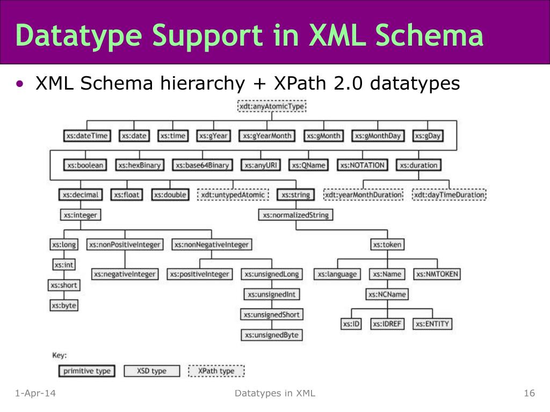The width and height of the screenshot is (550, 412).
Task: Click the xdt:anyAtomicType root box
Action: click(x=272, y=107)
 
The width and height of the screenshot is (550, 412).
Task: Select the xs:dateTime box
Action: click(x=86, y=136)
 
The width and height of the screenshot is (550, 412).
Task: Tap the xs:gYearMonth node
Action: click(x=266, y=136)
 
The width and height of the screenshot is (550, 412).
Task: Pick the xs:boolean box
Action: click(x=85, y=165)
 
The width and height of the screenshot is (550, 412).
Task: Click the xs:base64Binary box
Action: click(x=203, y=165)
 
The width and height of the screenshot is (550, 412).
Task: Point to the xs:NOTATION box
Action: click(x=363, y=165)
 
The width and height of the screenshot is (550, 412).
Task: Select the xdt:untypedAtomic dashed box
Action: click(x=233, y=195)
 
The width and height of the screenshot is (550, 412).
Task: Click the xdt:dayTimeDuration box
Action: click(x=449, y=195)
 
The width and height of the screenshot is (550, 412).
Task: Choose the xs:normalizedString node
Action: click(x=295, y=215)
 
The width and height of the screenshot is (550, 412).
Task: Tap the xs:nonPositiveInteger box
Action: click(x=125, y=245)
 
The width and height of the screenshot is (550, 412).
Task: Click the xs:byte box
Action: click(x=64, y=305)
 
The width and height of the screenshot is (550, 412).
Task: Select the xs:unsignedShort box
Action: click(x=271, y=315)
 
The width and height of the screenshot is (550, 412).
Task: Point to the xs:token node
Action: click(x=387, y=245)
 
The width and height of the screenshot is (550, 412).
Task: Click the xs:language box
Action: click(x=337, y=274)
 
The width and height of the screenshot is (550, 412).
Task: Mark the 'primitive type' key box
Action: click(x=86, y=371)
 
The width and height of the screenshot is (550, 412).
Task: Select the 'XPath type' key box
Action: click(x=216, y=371)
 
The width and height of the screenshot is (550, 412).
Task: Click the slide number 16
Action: click(x=529, y=394)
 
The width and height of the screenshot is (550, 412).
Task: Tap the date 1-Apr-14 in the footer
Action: click(x=35, y=394)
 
